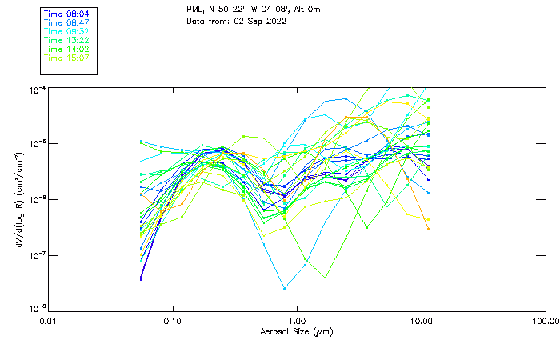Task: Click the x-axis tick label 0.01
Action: [49, 322]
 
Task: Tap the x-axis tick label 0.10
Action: [173, 322]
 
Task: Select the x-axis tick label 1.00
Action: [297, 322]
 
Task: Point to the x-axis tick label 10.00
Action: [421, 322]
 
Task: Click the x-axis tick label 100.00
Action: [545, 322]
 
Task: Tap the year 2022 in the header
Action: [274, 21]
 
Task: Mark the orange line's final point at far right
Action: [428, 229]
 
